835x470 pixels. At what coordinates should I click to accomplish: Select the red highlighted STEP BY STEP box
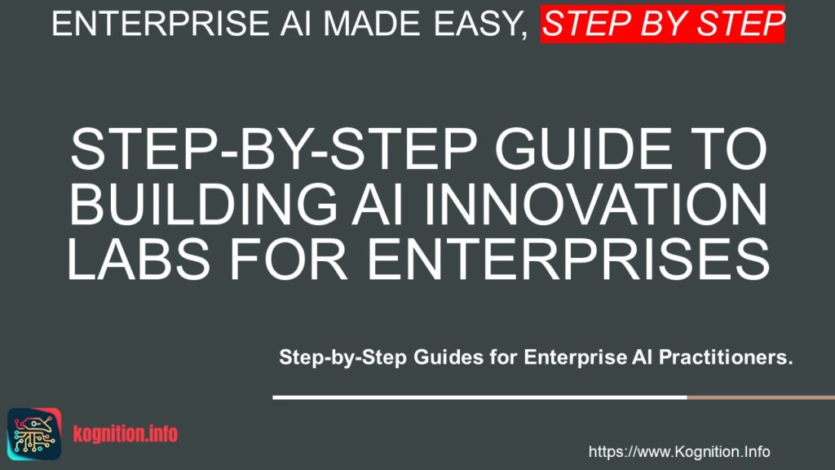663,24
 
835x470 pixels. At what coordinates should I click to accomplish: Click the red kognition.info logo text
126,433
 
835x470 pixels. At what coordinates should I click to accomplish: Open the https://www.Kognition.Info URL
679,451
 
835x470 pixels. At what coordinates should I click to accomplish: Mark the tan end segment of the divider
760,397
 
